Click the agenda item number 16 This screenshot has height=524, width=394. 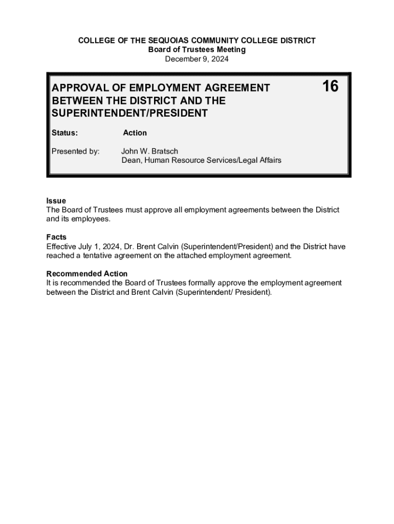[330, 86]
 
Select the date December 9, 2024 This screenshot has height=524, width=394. [196, 59]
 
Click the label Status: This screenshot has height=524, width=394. [65, 133]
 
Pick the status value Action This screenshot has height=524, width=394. [135, 133]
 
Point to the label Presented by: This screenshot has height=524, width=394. [76, 151]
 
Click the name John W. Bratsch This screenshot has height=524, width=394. [149, 151]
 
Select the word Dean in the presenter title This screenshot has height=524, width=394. [131, 160]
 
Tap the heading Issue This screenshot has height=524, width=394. [56, 201]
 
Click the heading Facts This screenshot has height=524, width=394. [56, 237]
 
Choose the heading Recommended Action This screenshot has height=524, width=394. [87, 274]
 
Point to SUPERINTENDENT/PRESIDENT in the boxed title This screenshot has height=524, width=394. [130, 113]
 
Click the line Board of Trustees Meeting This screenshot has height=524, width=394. [197, 50]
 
